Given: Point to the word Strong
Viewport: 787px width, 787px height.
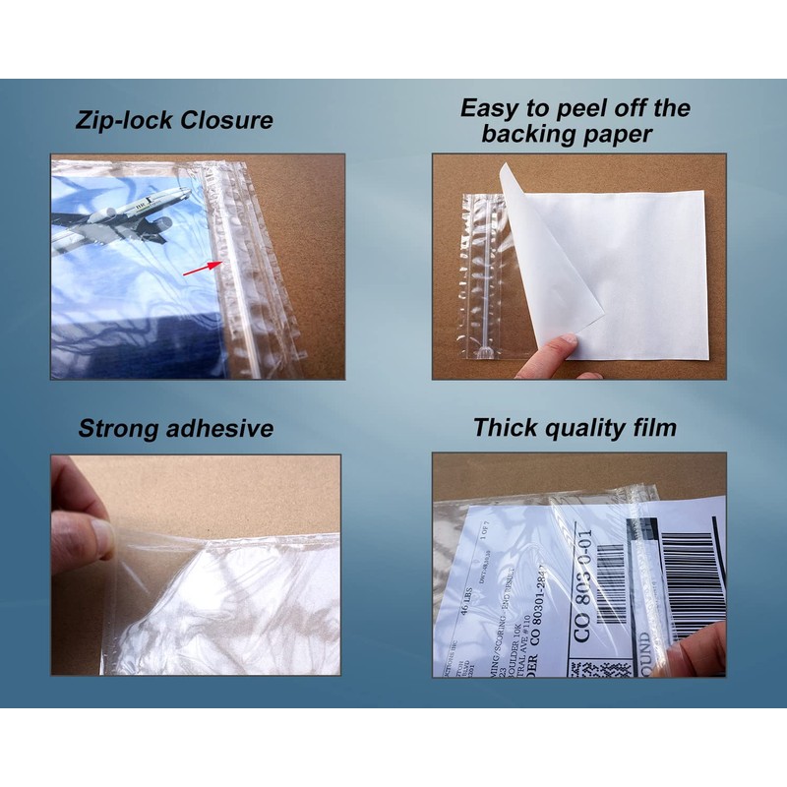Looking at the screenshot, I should click(119, 428).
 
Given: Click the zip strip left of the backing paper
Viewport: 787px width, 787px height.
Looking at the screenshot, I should click(481, 275).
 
